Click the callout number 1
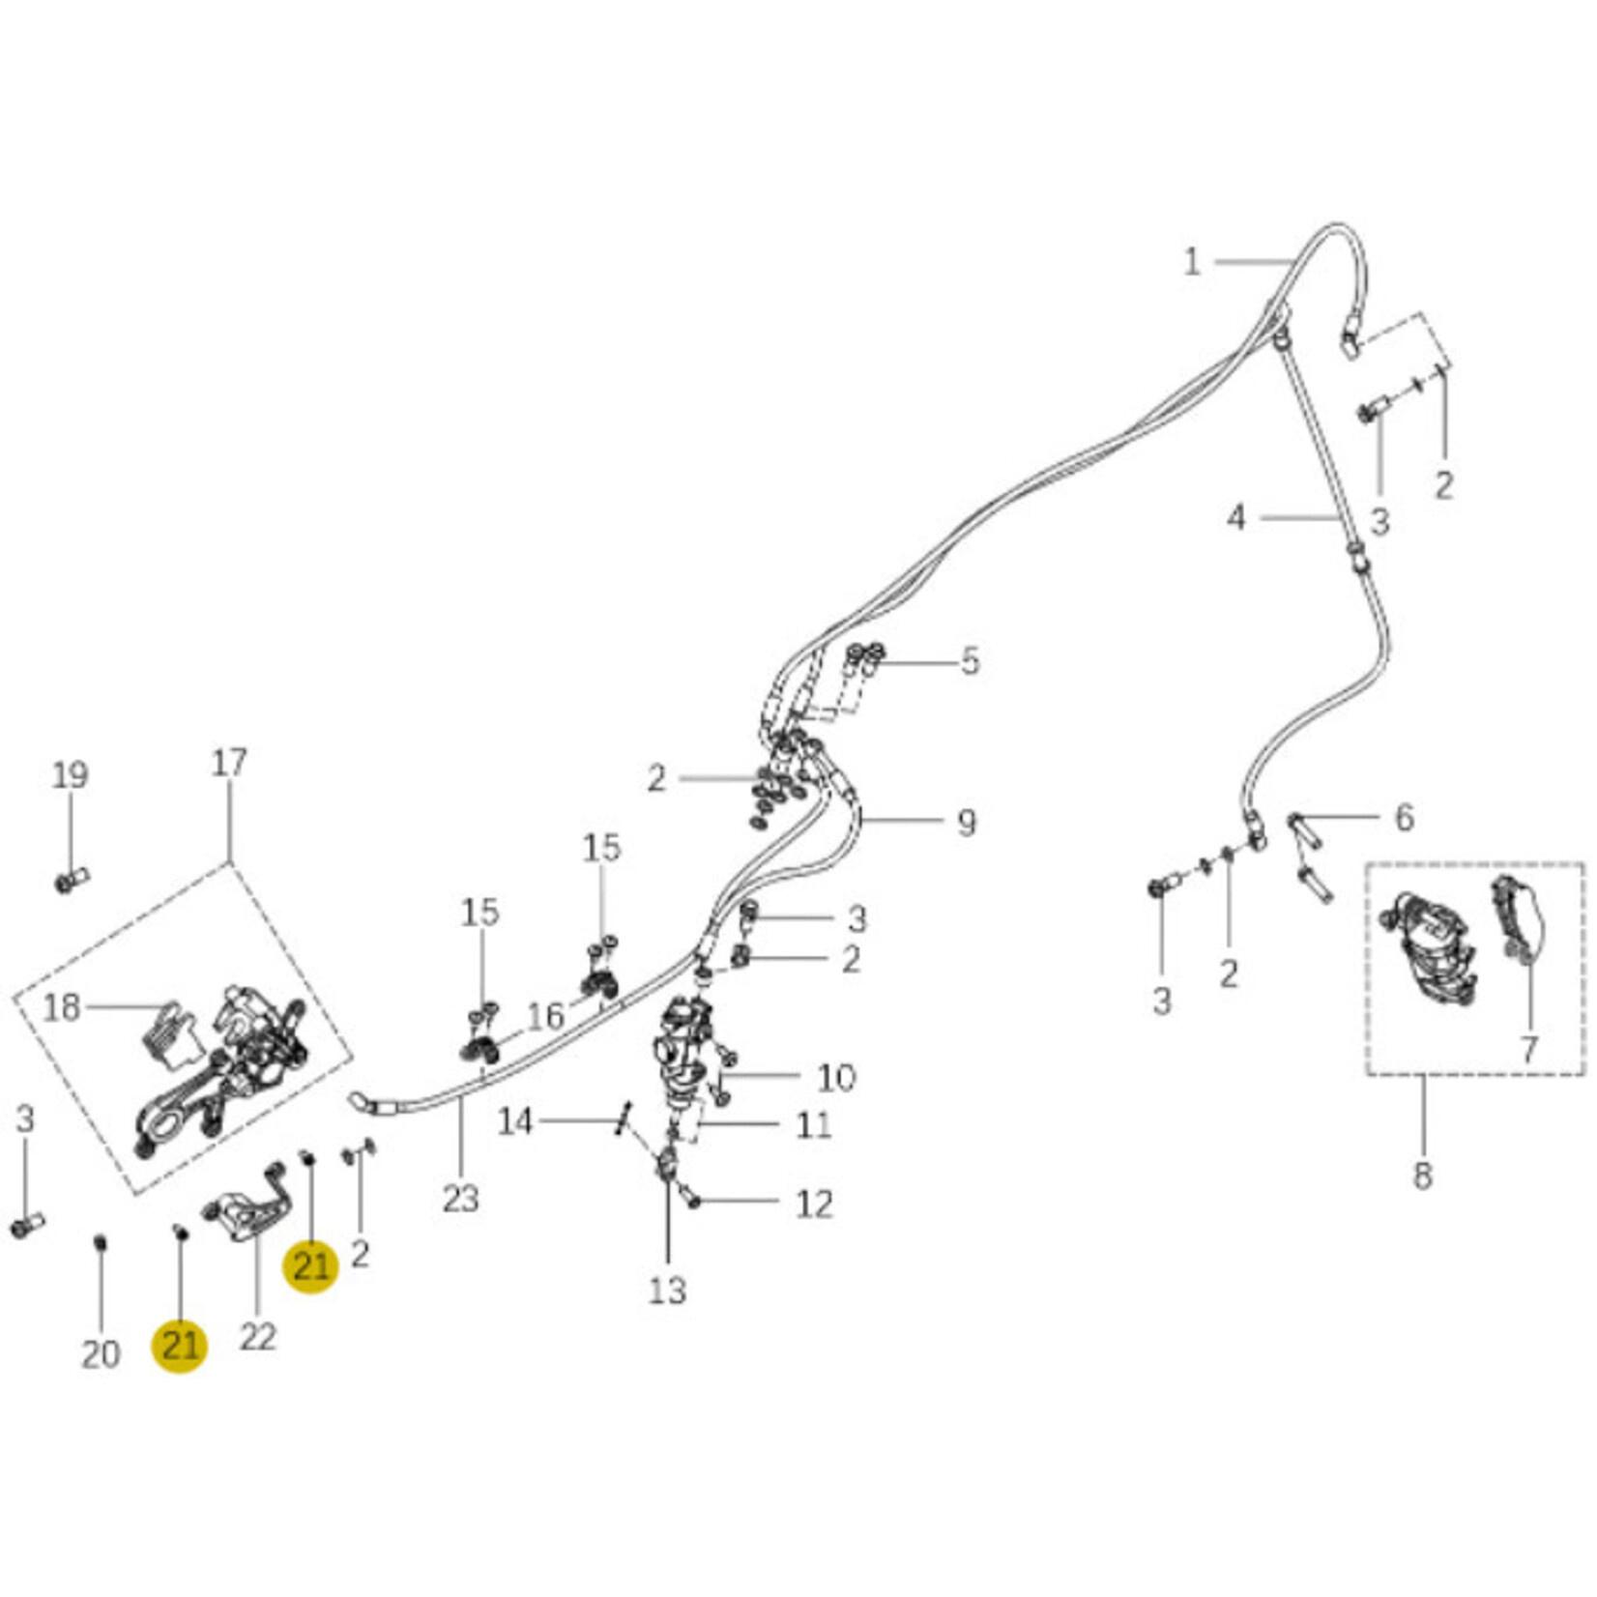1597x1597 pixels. (1192, 262)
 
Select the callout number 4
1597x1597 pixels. (1236, 518)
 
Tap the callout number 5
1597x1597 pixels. (970, 662)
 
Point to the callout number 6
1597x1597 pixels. (1404, 818)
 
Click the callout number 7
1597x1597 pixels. (1528, 1049)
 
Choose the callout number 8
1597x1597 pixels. (1422, 1176)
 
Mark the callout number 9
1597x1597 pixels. (966, 823)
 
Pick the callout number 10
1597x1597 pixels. (835, 1077)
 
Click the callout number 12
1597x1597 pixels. (814, 1204)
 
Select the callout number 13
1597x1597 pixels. (667, 1290)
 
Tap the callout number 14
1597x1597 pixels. (515, 1121)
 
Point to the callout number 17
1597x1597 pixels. (229, 763)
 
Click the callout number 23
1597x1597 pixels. (460, 1199)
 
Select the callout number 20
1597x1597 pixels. (101, 1354)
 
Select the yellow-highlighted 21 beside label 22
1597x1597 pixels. (181, 1345)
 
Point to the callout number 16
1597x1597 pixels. (545, 1016)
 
